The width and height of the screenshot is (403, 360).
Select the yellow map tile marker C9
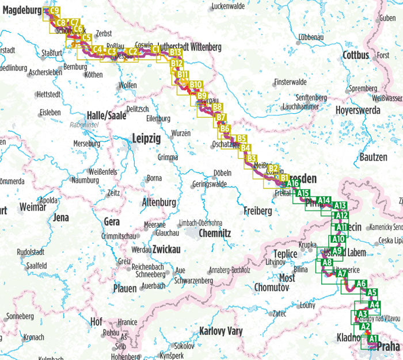tap(55, 10)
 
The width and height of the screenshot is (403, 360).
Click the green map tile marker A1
tap(373, 338)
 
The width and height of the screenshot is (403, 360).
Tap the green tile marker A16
tap(292, 183)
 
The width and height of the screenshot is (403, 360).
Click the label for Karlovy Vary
tap(220, 331)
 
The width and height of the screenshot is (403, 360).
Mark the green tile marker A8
tap(327, 263)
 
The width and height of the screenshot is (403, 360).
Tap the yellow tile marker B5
tap(242, 139)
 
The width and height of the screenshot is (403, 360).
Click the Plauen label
tap(125, 288)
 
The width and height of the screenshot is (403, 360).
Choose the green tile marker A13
tap(340, 205)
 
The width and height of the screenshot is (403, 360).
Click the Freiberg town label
tap(257, 211)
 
